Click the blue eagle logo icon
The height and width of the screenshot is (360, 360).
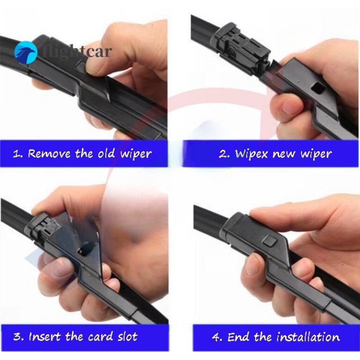tap(26, 53)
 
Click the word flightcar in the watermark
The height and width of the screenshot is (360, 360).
tap(77, 52)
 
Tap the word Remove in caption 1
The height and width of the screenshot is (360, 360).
tap(49, 153)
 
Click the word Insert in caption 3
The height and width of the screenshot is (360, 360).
tap(45, 336)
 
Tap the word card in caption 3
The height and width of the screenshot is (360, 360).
tap(100, 337)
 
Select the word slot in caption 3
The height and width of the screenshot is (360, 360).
tap(127, 336)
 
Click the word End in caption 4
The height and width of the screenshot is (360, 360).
tap(238, 337)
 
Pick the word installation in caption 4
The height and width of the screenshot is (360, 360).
tap(308, 337)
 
